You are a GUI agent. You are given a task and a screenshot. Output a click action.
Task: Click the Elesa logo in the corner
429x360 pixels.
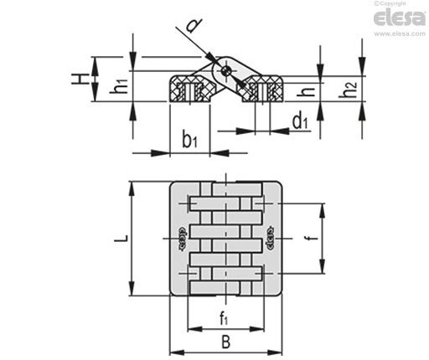click(400, 18)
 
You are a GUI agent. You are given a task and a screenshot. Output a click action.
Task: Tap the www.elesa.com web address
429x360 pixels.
click(400, 33)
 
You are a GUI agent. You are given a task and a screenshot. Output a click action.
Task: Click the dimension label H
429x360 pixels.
click(79, 79)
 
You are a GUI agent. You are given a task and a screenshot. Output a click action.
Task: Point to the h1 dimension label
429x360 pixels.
click(118, 86)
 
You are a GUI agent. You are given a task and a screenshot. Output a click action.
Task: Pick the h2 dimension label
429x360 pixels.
click(348, 90)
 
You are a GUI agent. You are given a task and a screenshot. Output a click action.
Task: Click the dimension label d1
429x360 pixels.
click(300, 121)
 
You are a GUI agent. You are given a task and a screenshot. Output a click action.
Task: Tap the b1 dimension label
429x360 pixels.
click(189, 140)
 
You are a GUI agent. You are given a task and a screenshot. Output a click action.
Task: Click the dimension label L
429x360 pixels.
click(121, 239)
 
